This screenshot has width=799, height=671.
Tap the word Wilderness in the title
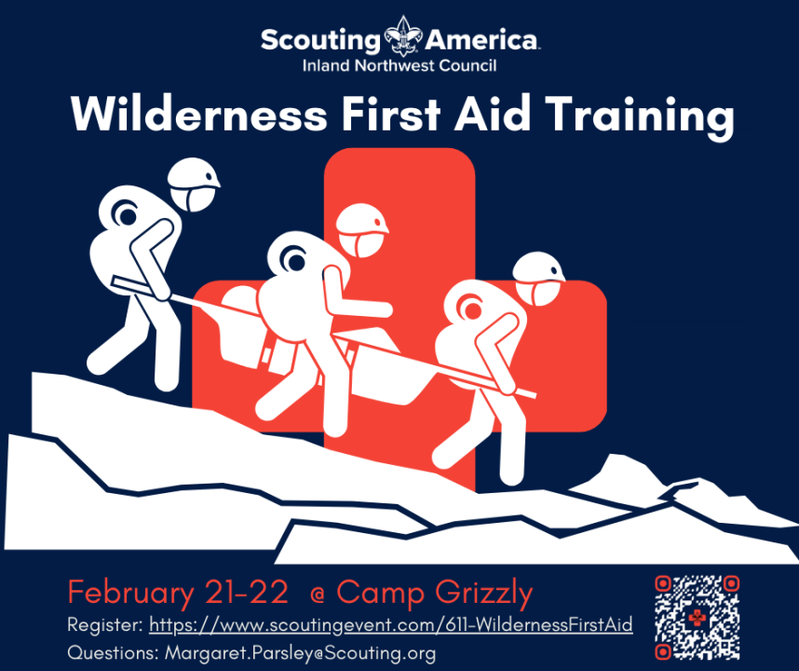point(199,114)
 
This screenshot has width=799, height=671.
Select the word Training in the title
point(640,116)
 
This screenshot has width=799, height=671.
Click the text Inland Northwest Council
point(399,66)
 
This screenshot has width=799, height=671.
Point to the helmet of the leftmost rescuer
point(194,185)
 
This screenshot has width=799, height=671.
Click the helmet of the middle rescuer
point(362,230)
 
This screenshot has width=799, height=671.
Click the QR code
point(697,618)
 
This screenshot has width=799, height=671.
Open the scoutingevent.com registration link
point(391,624)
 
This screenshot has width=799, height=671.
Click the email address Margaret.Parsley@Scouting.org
point(300,652)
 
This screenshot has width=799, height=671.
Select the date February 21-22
point(178,593)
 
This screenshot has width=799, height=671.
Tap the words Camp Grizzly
point(434,594)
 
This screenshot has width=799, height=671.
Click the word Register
point(105,625)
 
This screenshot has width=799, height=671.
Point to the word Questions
point(113,652)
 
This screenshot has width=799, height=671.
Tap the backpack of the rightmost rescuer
point(474,326)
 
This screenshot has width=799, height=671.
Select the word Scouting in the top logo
point(321,40)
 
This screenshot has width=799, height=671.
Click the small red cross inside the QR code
point(697,618)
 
